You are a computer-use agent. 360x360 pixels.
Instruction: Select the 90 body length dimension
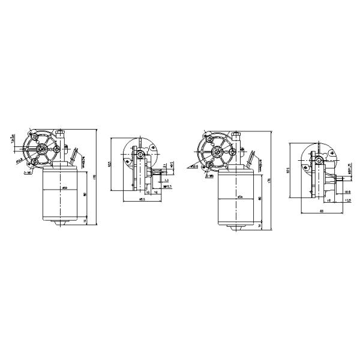pyautogui.click(x=86, y=193)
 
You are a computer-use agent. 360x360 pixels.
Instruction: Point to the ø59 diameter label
pyautogui.click(x=64, y=188)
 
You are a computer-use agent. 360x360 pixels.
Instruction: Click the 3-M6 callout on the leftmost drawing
pyautogui.click(x=28, y=172)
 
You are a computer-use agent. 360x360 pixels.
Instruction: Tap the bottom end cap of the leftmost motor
pyautogui.click(x=64, y=222)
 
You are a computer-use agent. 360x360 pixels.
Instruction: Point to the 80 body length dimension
pyautogui.click(x=260, y=198)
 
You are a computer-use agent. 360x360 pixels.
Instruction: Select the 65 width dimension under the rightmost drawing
pyautogui.click(x=322, y=212)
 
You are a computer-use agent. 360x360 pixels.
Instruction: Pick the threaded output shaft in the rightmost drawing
pyautogui.click(x=340, y=178)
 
